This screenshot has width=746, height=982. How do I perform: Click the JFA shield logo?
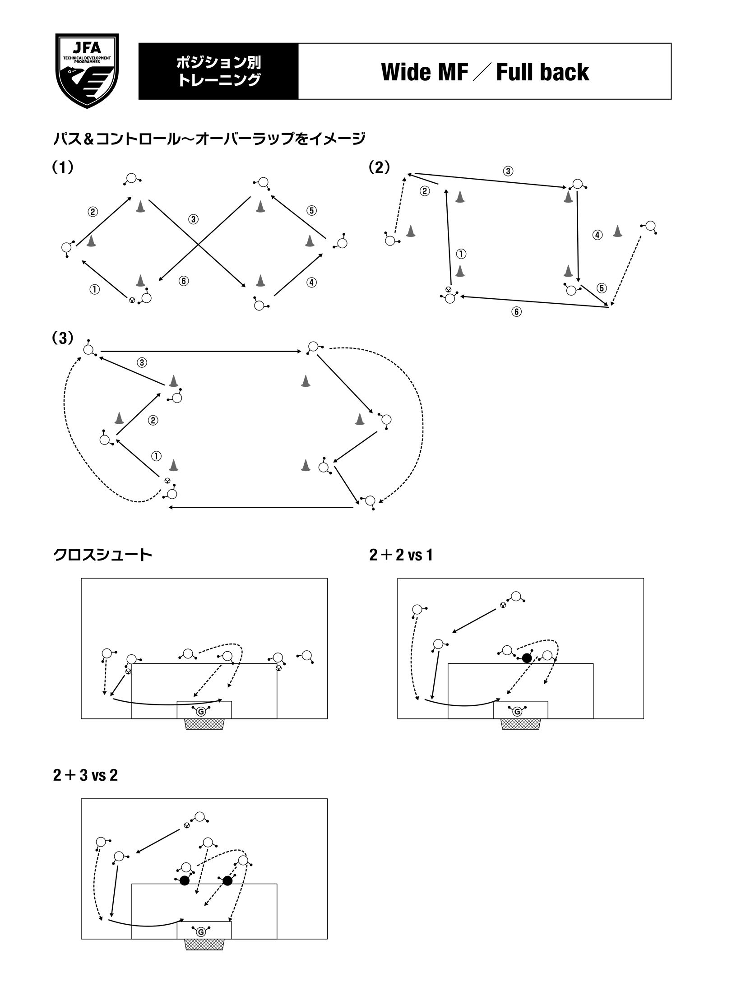(x=87, y=70)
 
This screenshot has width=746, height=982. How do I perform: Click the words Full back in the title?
(x=542, y=72)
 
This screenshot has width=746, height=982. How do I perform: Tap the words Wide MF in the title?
(x=424, y=72)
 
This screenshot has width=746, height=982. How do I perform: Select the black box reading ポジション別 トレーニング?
(x=218, y=71)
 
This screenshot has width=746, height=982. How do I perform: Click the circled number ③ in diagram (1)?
(x=193, y=220)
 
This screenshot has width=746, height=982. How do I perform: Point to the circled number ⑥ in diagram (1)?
(x=183, y=281)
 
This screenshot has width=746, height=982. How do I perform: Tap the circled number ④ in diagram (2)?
(x=597, y=235)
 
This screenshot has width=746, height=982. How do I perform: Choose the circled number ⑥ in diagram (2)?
(x=516, y=312)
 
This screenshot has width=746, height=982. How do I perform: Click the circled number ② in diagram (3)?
(x=153, y=421)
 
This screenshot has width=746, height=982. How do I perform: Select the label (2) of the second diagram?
(x=379, y=168)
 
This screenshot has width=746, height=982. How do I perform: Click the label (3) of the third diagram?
(x=63, y=338)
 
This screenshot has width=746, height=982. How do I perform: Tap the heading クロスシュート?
(x=103, y=555)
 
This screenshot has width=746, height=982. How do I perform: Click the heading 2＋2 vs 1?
(x=401, y=555)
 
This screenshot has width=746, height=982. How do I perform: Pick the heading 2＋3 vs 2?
(x=85, y=775)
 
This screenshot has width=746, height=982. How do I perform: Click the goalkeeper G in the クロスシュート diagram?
(x=201, y=712)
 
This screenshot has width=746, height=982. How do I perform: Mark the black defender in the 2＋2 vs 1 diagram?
(x=526, y=658)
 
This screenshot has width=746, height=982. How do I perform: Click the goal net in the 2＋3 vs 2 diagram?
(x=204, y=944)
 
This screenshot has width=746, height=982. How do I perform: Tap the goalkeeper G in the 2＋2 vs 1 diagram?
(x=517, y=712)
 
